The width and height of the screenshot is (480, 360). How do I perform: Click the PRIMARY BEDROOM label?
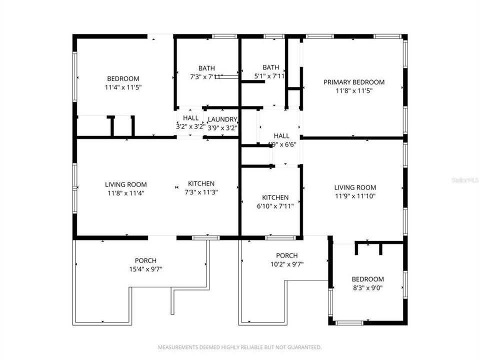353,82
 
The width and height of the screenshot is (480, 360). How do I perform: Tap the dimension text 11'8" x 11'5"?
353,91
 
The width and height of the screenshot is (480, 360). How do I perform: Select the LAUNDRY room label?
222,119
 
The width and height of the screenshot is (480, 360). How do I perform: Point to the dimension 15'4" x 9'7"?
145,269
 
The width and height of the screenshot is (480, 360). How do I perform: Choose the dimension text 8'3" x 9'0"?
367,287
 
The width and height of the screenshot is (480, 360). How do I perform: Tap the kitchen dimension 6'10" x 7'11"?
275,205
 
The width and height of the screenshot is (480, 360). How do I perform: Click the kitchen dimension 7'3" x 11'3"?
201,192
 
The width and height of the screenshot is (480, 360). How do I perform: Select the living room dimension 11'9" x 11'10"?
354,196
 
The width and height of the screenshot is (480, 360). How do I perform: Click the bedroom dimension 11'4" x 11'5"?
123,87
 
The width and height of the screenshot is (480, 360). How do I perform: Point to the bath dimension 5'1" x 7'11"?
270,76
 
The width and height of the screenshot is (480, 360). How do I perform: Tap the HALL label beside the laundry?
190,118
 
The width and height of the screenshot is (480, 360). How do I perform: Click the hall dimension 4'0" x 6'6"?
281,144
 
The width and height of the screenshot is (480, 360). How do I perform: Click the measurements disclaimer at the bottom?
239,347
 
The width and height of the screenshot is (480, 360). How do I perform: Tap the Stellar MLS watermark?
464,179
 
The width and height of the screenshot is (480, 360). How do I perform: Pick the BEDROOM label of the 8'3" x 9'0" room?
367,279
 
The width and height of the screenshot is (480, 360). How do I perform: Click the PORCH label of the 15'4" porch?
145,260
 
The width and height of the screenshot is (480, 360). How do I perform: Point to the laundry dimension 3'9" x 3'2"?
222,127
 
